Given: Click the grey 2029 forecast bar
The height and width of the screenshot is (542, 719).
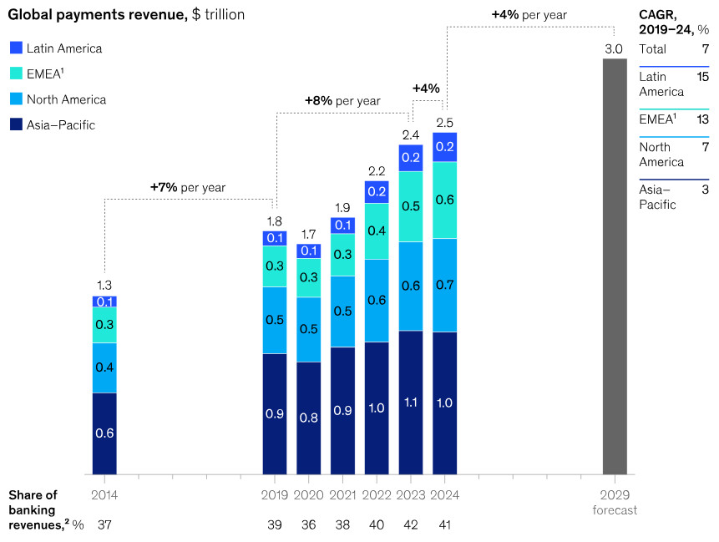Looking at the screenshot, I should pyautogui.click(x=614, y=267).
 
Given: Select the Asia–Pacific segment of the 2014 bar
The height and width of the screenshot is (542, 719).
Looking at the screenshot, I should pyautogui.click(x=104, y=433).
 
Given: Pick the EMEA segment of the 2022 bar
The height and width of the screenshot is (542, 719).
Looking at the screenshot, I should pyautogui.click(x=377, y=231).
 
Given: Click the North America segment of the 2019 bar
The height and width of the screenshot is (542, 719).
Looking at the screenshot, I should pyautogui.click(x=275, y=321).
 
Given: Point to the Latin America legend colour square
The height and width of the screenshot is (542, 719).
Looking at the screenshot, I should pyautogui.click(x=16, y=48).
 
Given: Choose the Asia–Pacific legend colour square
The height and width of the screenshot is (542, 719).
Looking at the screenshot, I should pyautogui.click(x=16, y=125).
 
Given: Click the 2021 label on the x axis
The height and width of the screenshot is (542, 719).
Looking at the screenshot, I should pyautogui.click(x=342, y=494).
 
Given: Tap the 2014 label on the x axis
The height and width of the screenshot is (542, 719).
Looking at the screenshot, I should pyautogui.click(x=104, y=494).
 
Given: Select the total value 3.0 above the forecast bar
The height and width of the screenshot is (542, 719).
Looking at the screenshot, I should pyautogui.click(x=614, y=49).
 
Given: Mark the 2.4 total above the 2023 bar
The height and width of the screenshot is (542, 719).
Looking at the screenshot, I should pyautogui.click(x=410, y=134).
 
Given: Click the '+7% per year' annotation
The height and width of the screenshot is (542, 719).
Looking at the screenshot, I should pyautogui.click(x=188, y=187).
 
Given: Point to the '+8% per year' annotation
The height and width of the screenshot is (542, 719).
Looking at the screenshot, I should pyautogui.click(x=342, y=100).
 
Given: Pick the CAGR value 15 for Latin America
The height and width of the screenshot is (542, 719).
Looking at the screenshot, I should pyautogui.click(x=702, y=77).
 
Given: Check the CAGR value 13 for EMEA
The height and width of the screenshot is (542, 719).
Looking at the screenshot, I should pyautogui.click(x=702, y=119).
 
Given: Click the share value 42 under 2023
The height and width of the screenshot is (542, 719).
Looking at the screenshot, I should pyautogui.click(x=410, y=525).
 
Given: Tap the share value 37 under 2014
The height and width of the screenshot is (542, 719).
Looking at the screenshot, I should pyautogui.click(x=104, y=525).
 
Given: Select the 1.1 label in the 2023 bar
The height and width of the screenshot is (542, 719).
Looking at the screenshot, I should pyautogui.click(x=410, y=403).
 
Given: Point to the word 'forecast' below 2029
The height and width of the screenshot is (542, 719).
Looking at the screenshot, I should pyautogui.click(x=615, y=509).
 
